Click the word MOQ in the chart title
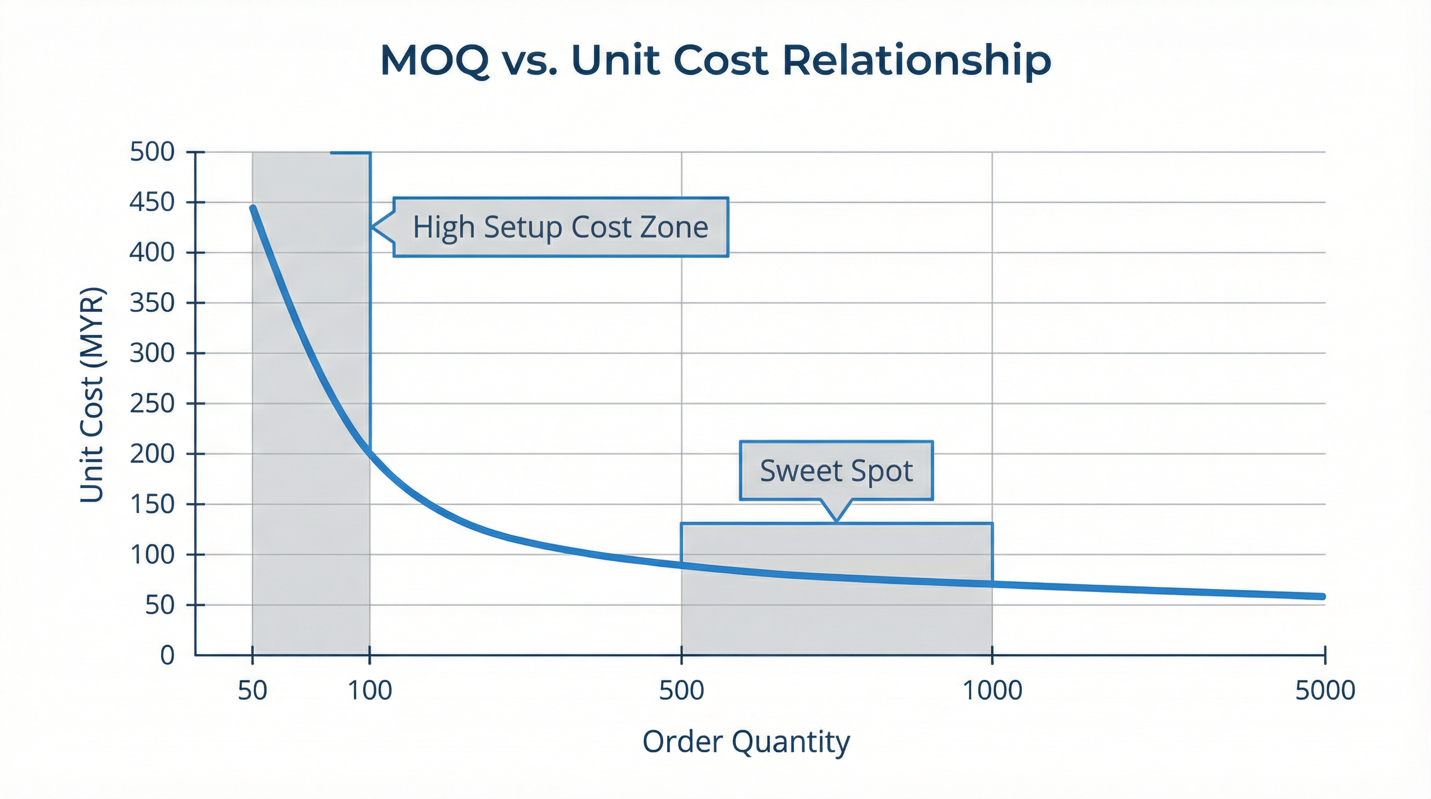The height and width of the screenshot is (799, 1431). coord(434,60)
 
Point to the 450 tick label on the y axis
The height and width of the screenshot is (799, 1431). coord(152,202)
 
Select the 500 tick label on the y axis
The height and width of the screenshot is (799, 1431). coord(152,152)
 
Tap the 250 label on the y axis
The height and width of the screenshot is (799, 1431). coord(152,403)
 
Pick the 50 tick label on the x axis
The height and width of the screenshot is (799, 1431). coord(253,691)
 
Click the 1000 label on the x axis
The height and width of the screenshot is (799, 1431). coord(992,691)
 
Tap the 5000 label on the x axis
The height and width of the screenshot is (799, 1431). coord(1325,691)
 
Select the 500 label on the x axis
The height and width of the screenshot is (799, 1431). coord(682,691)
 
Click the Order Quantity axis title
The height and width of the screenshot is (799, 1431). coord(746,742)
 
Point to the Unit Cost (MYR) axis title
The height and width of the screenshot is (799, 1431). coord(92,395)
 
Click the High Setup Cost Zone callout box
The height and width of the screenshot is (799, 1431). coord(561,227)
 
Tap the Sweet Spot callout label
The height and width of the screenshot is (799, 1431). coord(836,471)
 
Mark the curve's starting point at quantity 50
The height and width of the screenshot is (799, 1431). coord(253,208)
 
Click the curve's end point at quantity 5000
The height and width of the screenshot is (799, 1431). coord(1323,597)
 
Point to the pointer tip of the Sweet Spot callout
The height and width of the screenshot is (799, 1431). coord(836,522)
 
